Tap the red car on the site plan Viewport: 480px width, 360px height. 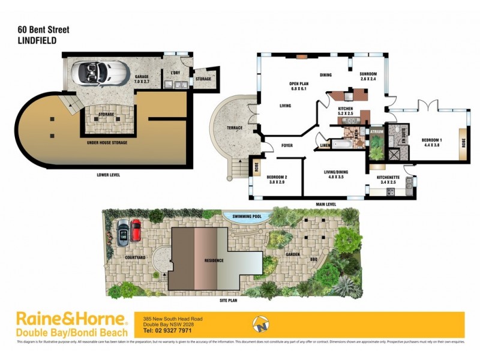pyautogui.click(x=136, y=230)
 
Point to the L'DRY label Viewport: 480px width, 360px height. pyautogui.click(x=176, y=73)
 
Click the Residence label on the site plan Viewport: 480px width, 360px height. pyautogui.click(x=214, y=260)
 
